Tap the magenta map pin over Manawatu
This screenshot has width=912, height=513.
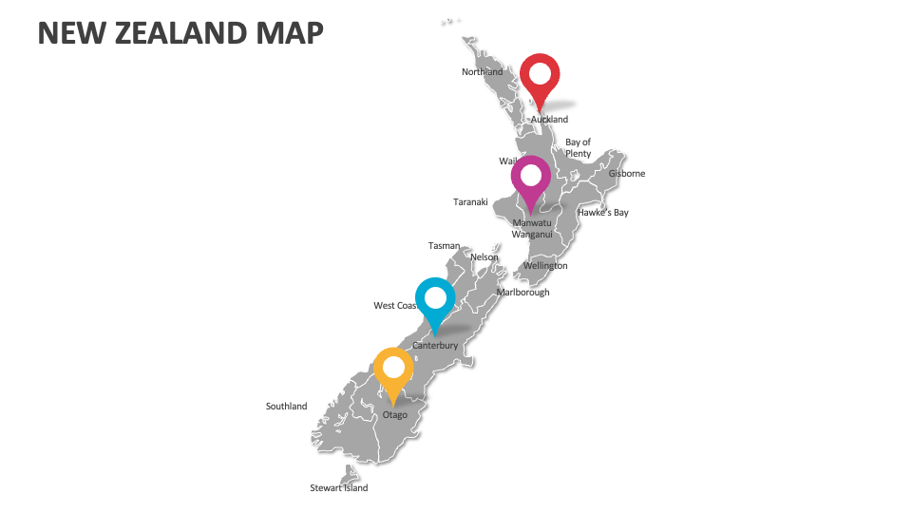tap(531, 177)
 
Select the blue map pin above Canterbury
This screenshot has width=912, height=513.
tap(435, 298)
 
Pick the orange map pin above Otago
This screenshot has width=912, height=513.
tap(393, 369)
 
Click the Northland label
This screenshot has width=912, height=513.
tap(483, 72)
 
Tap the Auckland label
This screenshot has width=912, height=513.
tap(549, 120)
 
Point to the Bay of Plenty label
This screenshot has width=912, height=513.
tap(579, 148)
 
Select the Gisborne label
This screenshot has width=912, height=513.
tap(627, 174)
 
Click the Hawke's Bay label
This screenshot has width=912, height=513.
tap(603, 213)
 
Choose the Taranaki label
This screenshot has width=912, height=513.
tap(470, 201)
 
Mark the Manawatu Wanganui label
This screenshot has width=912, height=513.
tap(531, 228)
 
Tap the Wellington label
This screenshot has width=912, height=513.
tap(545, 266)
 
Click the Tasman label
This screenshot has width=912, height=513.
tap(444, 246)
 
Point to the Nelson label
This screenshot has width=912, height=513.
tap(484, 257)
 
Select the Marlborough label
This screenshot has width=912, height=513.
tap(522, 293)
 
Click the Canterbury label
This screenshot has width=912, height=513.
tap(435, 346)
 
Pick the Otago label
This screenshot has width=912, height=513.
tap(394, 415)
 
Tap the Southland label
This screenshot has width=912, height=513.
tap(286, 407)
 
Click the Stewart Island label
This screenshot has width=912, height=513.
tap(339, 488)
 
